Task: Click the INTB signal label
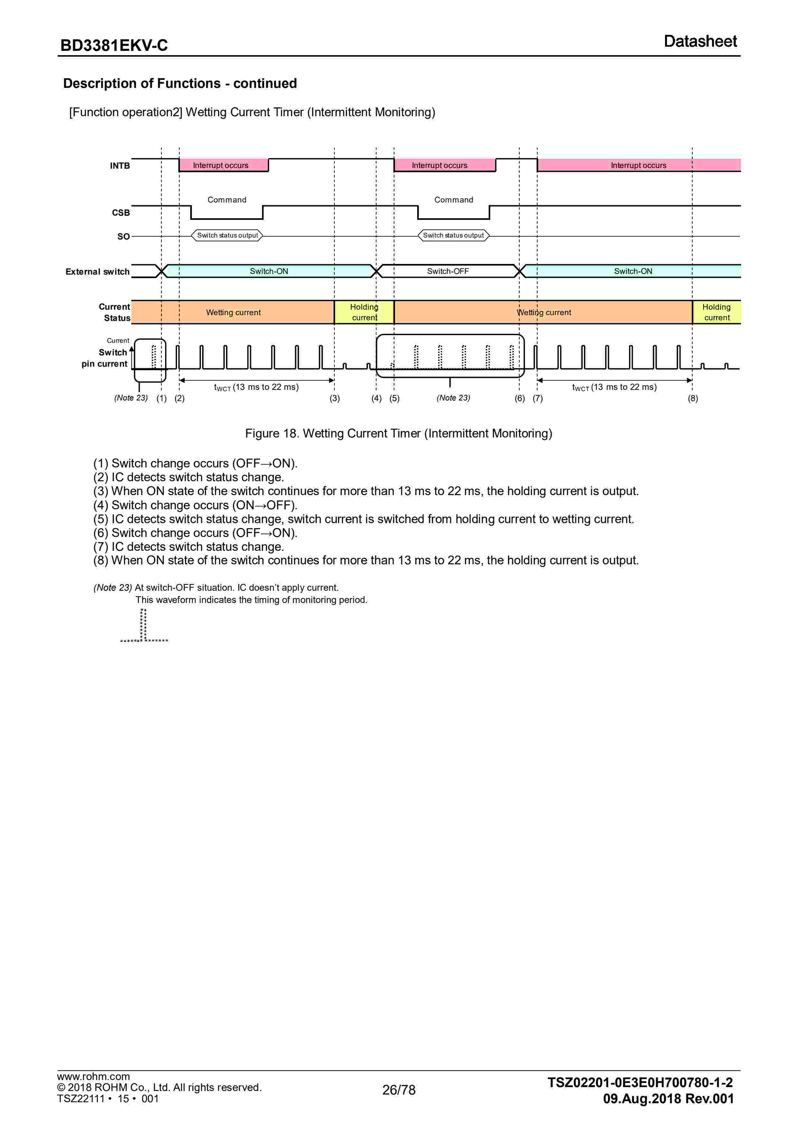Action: coord(120,166)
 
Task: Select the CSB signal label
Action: coord(121,213)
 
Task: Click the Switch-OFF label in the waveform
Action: coord(448,271)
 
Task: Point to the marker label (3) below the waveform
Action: coord(335,399)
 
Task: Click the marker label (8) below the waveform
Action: coord(692,399)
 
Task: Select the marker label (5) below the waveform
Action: coord(394,399)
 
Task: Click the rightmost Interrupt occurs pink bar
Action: coord(638,165)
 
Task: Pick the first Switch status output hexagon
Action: coord(227,235)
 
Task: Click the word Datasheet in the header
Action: coord(700,41)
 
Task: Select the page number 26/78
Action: coord(399,1090)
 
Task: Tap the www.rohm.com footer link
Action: coord(93,1076)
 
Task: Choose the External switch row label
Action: coord(97,272)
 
